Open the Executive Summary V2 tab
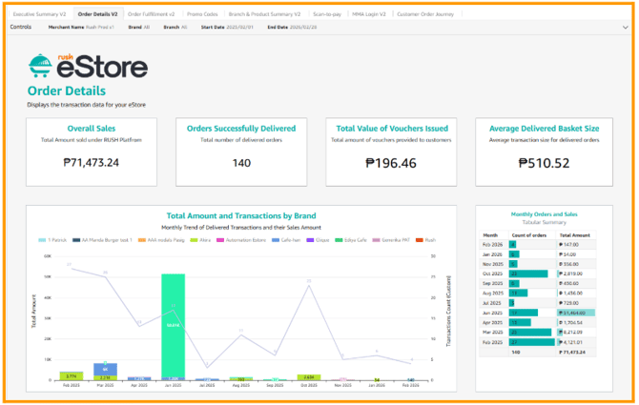[x=39, y=14]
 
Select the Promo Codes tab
[x=202, y=14]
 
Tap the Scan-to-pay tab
[x=328, y=14]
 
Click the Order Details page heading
[x=68, y=91]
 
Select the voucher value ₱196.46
[x=391, y=163]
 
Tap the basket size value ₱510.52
[x=543, y=163]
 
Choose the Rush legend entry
[x=430, y=239]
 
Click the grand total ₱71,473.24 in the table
[x=578, y=352]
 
